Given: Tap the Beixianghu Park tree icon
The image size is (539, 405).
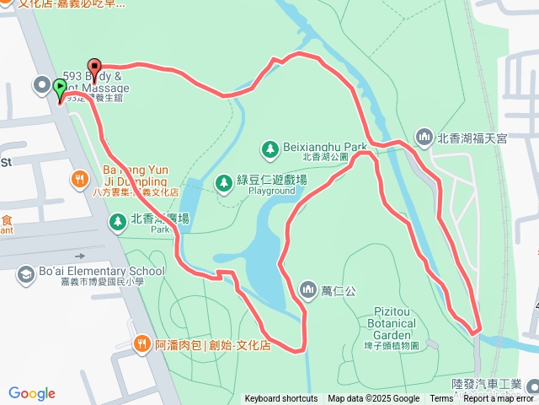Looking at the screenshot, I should [269, 149].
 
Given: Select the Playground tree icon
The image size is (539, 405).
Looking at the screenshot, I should [223, 182].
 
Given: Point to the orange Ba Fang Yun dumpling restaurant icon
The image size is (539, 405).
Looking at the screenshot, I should [80, 178].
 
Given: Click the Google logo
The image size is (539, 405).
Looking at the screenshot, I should [32, 393].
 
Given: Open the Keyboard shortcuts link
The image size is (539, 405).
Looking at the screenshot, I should [281, 399].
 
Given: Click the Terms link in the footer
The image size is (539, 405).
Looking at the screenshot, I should [441, 399].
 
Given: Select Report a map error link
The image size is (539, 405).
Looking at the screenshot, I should [499, 399].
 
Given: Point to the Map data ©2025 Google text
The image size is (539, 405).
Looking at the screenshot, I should [373, 399].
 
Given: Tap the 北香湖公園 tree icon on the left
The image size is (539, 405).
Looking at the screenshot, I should [117, 221].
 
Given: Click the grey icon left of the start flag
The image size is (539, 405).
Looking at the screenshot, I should [40, 84].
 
